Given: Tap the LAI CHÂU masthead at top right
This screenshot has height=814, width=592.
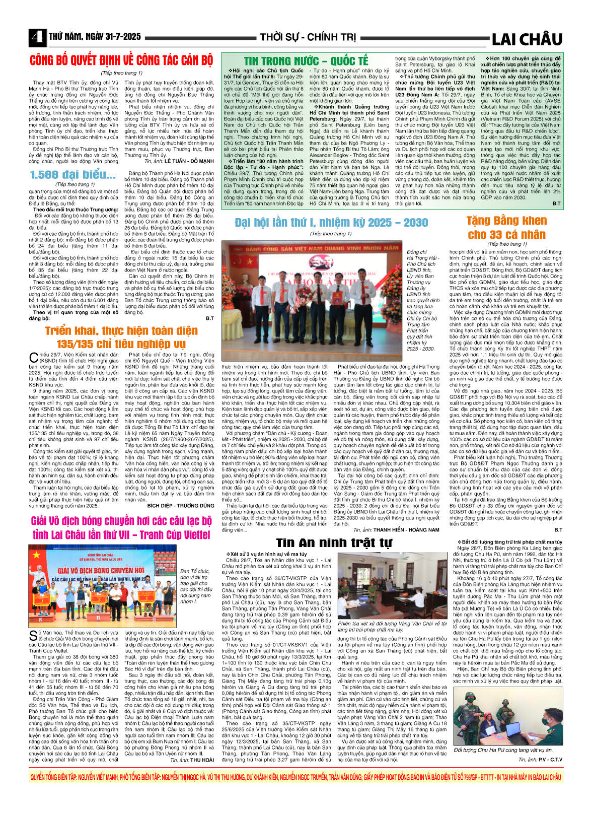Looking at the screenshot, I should (527, 39).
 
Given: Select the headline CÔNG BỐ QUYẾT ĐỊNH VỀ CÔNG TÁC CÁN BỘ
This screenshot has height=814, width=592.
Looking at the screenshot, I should (121, 60).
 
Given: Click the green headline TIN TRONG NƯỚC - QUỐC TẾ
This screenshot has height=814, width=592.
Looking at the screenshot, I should (306, 61).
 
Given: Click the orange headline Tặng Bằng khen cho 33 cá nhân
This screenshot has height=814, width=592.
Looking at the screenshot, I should (506, 228).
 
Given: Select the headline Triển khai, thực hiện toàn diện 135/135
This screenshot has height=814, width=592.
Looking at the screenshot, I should (121, 337).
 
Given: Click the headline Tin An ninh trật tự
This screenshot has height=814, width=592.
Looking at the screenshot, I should (333, 542).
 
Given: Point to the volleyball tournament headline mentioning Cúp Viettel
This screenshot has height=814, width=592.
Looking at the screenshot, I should (121, 528).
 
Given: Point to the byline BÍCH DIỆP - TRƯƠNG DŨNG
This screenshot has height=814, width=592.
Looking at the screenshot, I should (180, 505).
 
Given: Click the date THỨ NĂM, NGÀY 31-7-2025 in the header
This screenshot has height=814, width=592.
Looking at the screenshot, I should (95, 37).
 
